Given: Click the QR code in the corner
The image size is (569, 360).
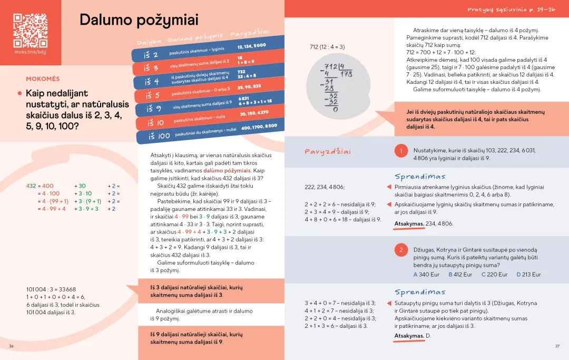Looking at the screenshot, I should click(x=30, y=30).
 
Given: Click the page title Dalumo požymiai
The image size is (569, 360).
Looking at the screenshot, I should click(x=139, y=21).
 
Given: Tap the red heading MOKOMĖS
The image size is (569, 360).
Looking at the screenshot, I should click(x=43, y=79).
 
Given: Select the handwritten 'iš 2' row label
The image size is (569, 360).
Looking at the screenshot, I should click(x=151, y=55).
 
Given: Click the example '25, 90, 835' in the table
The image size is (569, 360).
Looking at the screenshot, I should click(x=249, y=86).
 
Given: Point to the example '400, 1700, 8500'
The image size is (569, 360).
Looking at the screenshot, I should click(x=259, y=127).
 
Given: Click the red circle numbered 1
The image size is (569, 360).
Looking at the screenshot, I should click(x=401, y=151).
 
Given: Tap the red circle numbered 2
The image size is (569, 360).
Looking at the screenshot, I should click(x=401, y=250).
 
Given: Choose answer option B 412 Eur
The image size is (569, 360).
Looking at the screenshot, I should click(x=459, y=275).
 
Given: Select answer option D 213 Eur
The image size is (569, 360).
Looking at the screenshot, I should click(x=528, y=275).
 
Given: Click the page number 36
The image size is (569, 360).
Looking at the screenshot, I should click(x=11, y=346).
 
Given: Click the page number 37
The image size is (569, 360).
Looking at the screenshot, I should click(x=557, y=346).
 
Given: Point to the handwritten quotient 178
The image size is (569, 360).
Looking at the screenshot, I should click(x=346, y=74).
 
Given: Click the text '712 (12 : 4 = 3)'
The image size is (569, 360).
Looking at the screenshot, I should click(x=327, y=47).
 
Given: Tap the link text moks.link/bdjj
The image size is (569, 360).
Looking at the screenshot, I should click(x=30, y=52).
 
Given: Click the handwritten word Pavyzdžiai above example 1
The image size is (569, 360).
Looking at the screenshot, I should click(x=328, y=152).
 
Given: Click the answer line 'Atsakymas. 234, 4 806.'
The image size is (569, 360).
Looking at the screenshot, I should click(x=424, y=223).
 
